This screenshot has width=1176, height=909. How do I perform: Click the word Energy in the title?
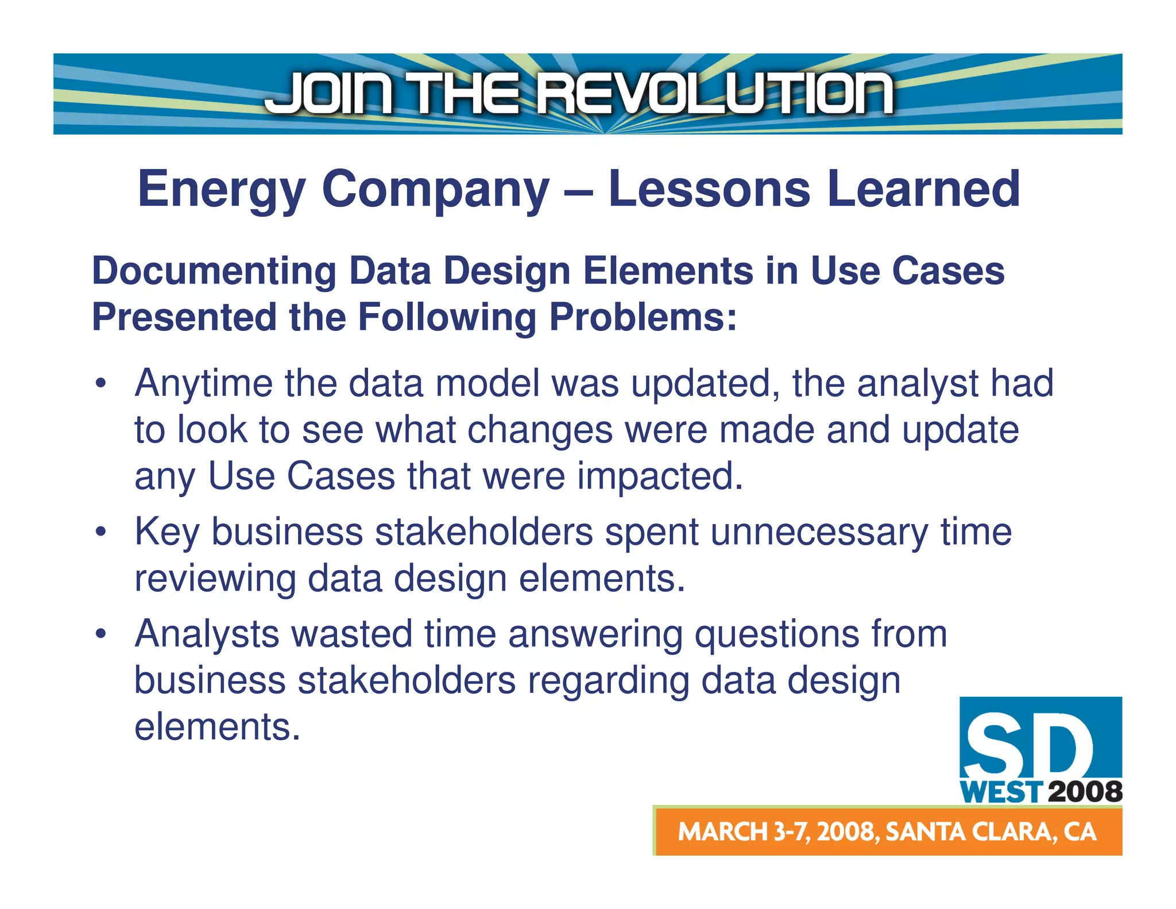click(x=222, y=190)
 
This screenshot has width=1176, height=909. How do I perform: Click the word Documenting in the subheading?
click(x=214, y=271)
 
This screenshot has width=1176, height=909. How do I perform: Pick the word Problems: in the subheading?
click(x=643, y=317)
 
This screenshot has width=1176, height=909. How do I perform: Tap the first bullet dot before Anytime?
click(x=101, y=384)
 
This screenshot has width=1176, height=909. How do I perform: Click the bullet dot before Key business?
click(x=101, y=532)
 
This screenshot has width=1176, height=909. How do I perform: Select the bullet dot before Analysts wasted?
click(x=101, y=634)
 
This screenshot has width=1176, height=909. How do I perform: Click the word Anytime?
click(x=203, y=384)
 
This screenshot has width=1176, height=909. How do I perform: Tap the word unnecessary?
click(x=819, y=532)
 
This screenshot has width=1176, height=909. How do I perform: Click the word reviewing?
click(x=215, y=579)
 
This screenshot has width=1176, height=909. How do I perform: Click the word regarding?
click(x=608, y=681)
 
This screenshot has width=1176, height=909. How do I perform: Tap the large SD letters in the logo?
click(x=1028, y=746)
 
